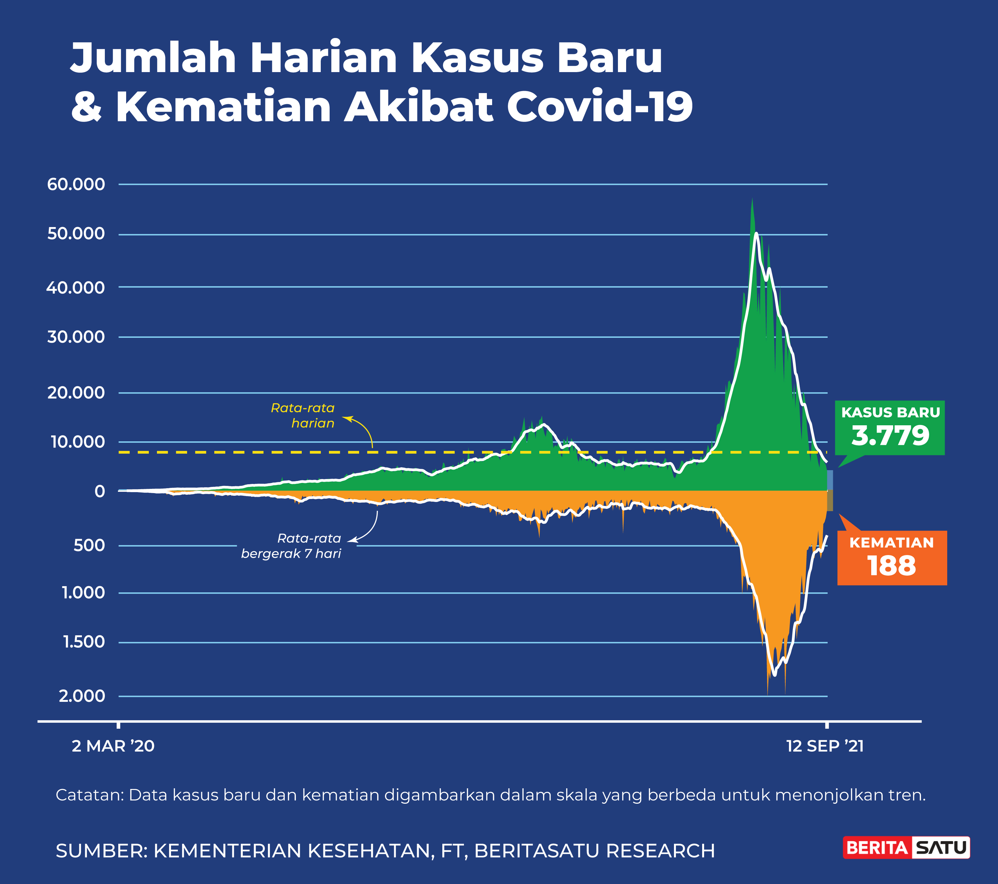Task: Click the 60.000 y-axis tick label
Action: pyautogui.click(x=76, y=184)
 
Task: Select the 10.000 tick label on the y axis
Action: pyautogui.click(x=78, y=442)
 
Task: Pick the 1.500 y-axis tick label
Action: pyautogui.click(x=84, y=642)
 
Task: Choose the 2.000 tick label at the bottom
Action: pyautogui.click(x=82, y=696)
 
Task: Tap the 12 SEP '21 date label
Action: pyautogui.click(x=825, y=746)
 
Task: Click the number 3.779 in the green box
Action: pyautogui.click(x=890, y=436)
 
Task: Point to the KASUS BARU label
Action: pyautogui.click(x=891, y=413)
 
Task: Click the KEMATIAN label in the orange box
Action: pyautogui.click(x=892, y=543)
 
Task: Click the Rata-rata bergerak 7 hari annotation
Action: pyautogui.click(x=292, y=546)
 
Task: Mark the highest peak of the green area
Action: pyautogui.click(x=752, y=199)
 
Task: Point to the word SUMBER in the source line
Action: pyautogui.click(x=101, y=851)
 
